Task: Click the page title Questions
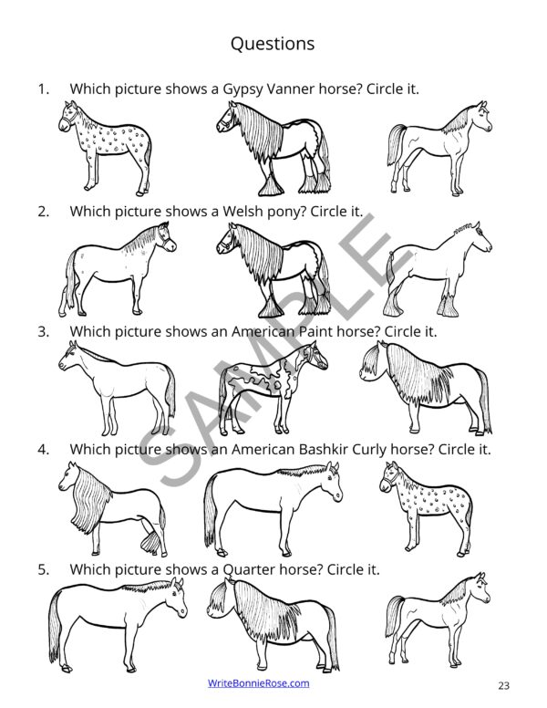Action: [273, 43]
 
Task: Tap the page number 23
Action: [504, 685]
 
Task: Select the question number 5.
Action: [42, 569]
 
